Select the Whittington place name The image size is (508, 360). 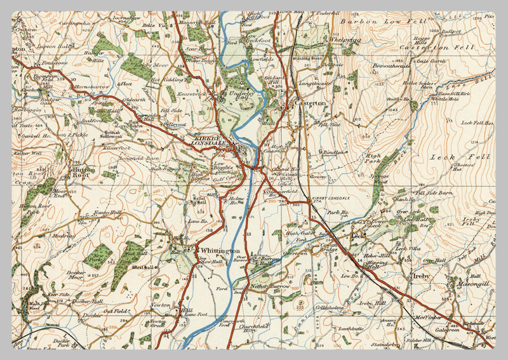(x=218, y=251)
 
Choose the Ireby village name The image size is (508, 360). (x=420, y=277)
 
